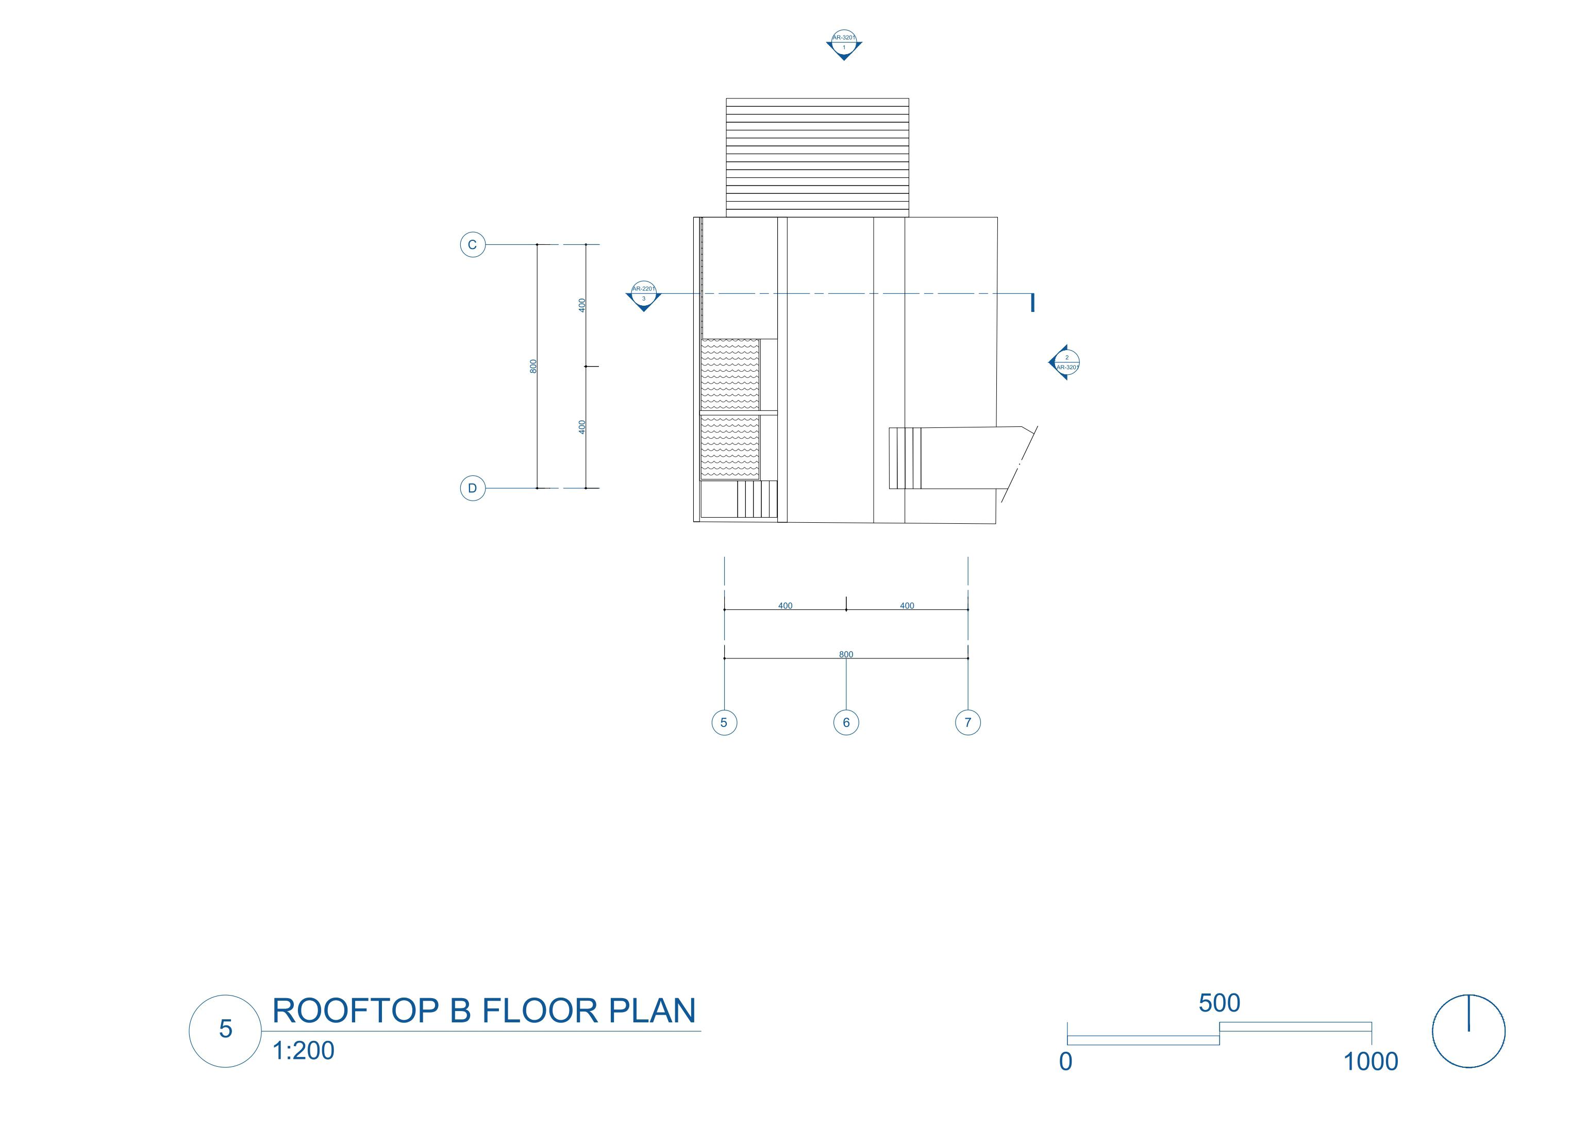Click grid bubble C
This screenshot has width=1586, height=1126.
coord(473,245)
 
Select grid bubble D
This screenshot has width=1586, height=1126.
coord(473,488)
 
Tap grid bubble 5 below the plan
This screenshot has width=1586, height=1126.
coord(724,722)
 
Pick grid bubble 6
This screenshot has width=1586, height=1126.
coord(846,722)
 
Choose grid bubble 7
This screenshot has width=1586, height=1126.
coord(969,722)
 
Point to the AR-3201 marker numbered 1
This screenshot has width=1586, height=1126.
coord(844,44)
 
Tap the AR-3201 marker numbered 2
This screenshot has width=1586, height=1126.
coord(1065,362)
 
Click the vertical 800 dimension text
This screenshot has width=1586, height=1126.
coord(533,366)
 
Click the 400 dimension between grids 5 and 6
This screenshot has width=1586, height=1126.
coord(786,605)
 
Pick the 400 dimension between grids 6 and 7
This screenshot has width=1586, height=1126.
coord(907,605)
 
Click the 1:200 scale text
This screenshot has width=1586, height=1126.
coord(304,1051)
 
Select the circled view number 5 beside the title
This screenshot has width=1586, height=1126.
coord(225,1029)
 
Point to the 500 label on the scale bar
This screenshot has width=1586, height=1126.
coord(1220,1003)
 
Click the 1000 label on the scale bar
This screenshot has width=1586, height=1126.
coord(1371,1062)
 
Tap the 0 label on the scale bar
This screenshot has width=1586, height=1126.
coord(1066,1062)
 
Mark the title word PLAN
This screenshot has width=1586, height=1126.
coord(652,1011)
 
